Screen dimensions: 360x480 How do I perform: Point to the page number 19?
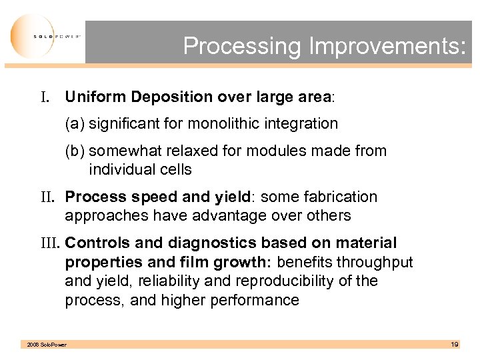[455, 344]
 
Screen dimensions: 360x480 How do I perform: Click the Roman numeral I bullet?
[46, 97]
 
